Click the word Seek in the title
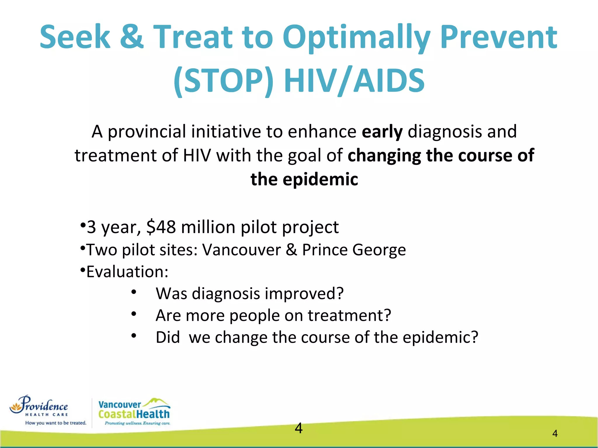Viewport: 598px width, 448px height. pos(75,37)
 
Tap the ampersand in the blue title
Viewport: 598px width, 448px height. pos(132,37)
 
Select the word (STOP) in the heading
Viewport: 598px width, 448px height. pos(224,80)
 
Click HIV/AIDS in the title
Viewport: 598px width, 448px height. pos(354,80)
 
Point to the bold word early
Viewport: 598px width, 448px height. pos(382,132)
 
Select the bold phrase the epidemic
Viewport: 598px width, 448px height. pos(304,179)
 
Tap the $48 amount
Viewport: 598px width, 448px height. pos(161,227)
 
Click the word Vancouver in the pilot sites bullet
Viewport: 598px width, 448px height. pos(241,250)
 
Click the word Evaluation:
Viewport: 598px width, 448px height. pos(127,272)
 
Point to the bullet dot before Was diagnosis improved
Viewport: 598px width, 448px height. pos(134,292)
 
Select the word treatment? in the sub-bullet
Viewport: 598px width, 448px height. pos(349,316)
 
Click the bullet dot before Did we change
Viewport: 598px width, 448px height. pos(134,336)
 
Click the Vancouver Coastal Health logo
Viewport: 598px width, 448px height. pos(134,411)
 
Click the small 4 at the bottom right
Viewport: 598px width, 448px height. pos(555,434)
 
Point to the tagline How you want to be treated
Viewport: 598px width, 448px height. pos(55,423)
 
